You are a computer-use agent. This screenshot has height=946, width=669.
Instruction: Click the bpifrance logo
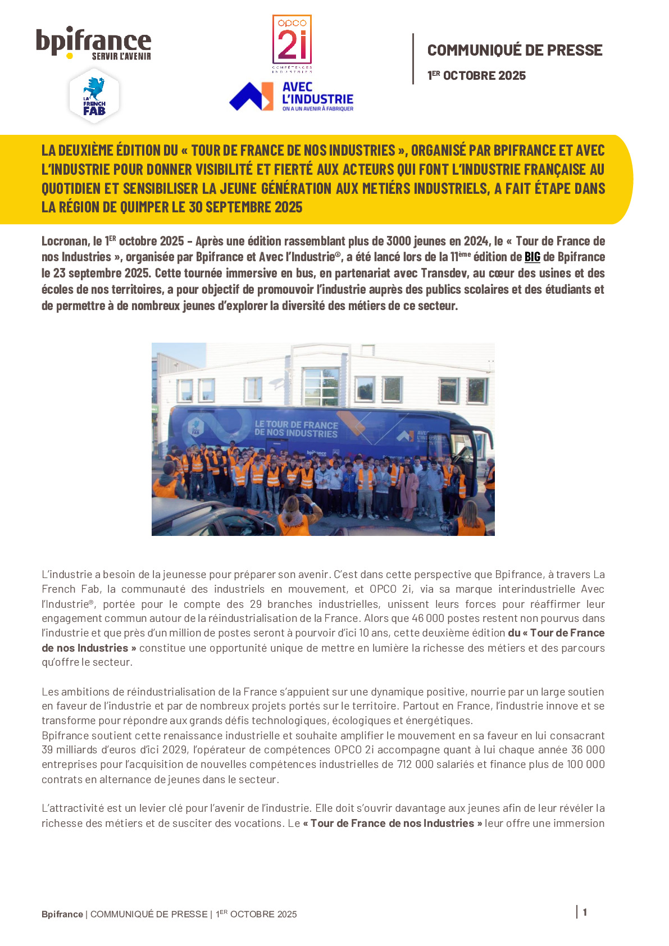point(93,43)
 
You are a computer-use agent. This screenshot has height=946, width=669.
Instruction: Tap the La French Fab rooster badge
point(94,95)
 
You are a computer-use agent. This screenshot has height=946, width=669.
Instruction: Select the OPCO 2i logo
point(292,44)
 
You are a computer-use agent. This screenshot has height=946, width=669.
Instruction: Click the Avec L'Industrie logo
point(292,97)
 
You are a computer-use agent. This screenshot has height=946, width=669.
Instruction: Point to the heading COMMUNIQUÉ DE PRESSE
point(515,51)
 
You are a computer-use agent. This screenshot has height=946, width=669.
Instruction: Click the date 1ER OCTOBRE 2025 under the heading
point(476,76)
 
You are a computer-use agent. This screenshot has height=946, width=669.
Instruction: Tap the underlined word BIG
point(532,257)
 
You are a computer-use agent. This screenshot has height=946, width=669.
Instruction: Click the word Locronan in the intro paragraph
point(65,242)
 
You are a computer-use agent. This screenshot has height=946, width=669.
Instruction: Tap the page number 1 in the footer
point(585,912)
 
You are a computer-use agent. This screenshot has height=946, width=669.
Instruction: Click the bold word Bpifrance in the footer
point(62,915)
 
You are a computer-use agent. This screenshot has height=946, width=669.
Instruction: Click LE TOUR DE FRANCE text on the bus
point(296,425)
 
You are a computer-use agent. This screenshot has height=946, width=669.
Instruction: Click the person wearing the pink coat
point(408,489)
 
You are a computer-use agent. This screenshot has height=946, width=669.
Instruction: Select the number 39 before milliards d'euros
point(48,750)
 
